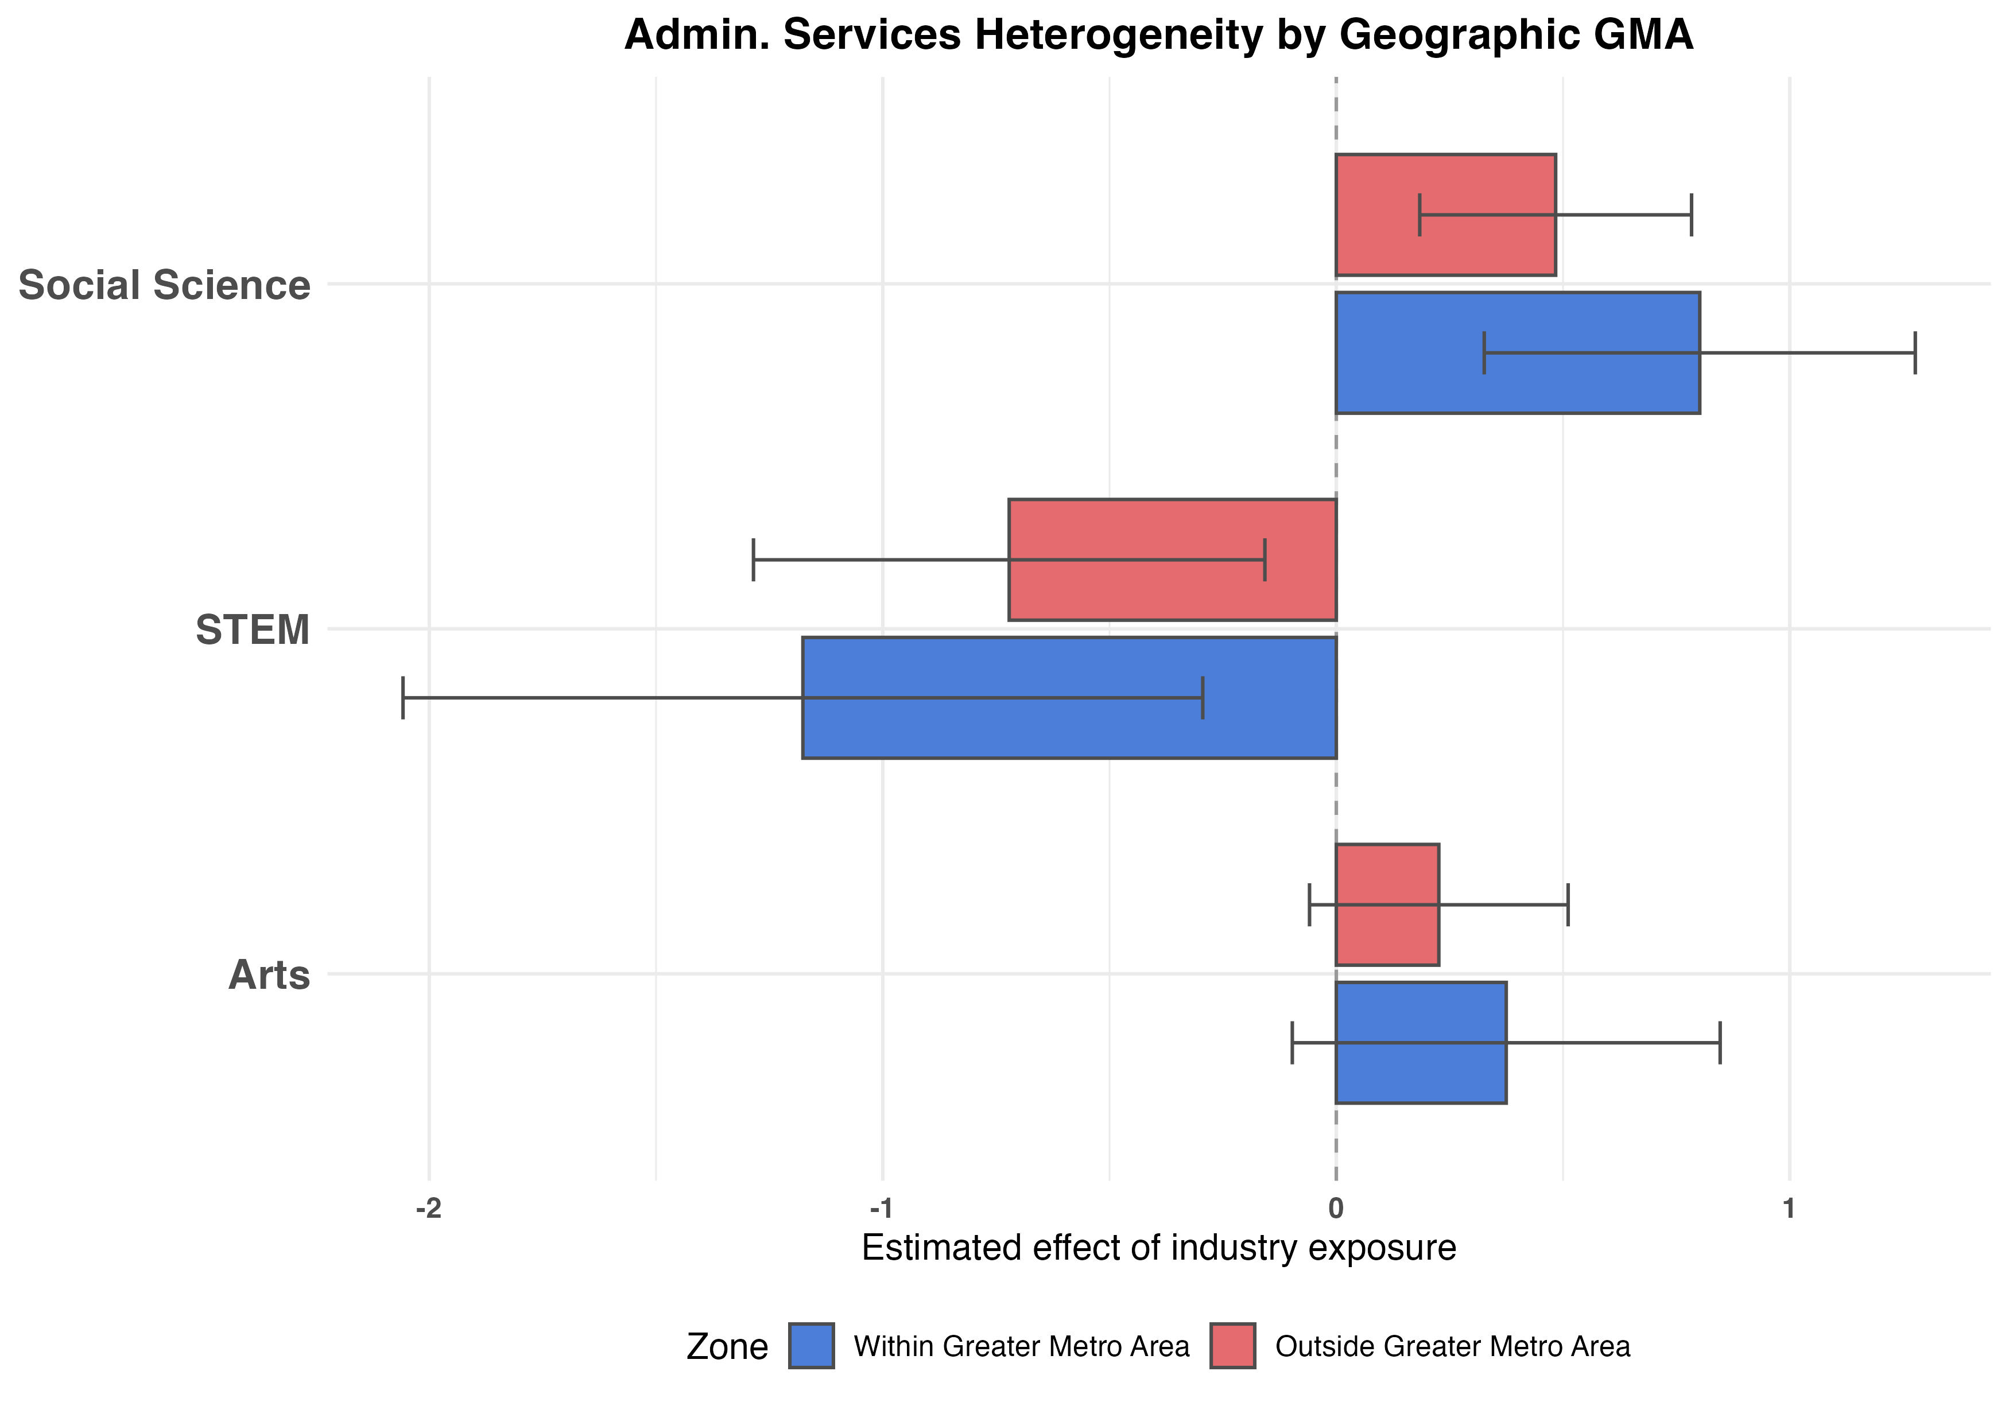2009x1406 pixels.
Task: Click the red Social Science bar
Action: click(1445, 215)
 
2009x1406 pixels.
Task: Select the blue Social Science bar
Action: click(1517, 352)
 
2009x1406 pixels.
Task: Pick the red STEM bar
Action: click(1173, 560)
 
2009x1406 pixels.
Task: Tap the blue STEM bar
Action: click(1069, 697)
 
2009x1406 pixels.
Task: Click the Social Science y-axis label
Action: click(165, 285)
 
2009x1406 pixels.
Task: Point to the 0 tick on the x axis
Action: click(1335, 1209)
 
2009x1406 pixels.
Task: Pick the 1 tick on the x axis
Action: click(1789, 1209)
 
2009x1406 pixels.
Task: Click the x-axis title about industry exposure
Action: click(1158, 1248)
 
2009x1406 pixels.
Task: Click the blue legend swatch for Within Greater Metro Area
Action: click(811, 1346)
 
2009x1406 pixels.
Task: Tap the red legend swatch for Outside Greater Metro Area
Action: click(1233, 1346)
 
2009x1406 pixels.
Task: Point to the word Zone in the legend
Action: click(727, 1347)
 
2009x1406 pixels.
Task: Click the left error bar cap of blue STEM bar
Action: click(402, 697)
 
